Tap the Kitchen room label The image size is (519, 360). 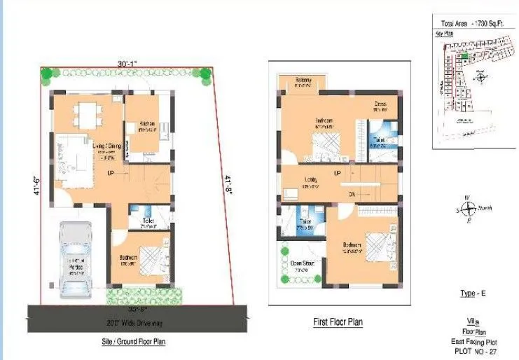click(146, 123)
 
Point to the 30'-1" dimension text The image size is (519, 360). click(127, 64)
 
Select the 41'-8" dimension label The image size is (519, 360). click(227, 186)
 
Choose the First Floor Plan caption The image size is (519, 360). click(338, 322)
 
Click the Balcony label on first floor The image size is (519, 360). click(303, 79)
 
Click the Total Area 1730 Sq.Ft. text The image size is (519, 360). click(472, 23)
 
